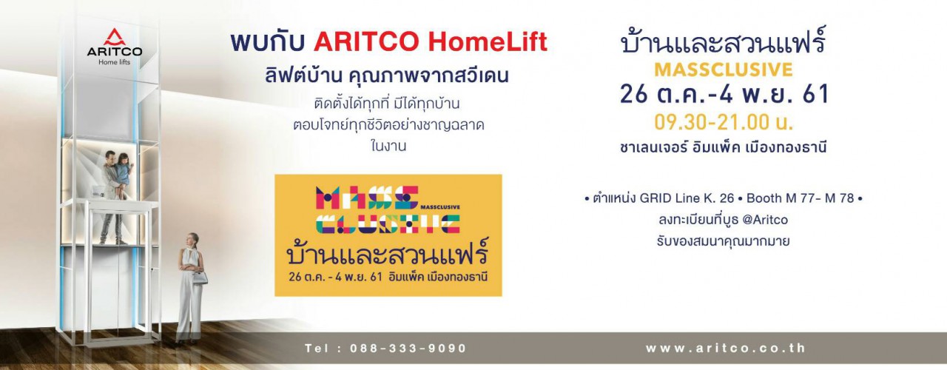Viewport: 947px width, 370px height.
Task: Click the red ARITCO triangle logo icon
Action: coord(114,37)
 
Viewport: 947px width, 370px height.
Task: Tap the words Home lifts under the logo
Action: coord(114,62)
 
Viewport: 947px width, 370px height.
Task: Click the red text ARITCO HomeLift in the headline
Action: coord(431,42)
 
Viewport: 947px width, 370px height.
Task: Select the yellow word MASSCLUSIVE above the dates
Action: coord(724,70)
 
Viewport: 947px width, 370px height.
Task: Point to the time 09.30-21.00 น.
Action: coord(724,122)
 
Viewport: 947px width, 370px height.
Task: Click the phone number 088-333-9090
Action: coord(408,349)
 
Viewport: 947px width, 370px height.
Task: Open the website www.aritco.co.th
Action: coord(726,348)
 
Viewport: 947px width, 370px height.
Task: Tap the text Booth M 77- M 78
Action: coord(801,198)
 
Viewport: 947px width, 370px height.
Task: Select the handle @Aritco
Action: coord(765,220)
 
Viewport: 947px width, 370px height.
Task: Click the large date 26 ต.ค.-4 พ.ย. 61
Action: coord(724,94)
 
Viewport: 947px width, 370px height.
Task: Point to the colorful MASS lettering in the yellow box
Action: coord(367,198)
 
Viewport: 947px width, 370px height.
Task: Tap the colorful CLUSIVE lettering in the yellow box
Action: coord(388,224)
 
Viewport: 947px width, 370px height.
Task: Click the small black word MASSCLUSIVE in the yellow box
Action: coord(440,207)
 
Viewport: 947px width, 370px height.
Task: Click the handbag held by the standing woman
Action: coord(200,277)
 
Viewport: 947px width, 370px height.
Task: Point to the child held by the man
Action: coord(124,174)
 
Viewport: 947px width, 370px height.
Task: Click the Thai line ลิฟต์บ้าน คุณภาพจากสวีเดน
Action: coord(386,76)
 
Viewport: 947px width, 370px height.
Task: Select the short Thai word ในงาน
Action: coord(388,147)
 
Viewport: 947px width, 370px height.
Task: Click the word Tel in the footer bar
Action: coord(316,349)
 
